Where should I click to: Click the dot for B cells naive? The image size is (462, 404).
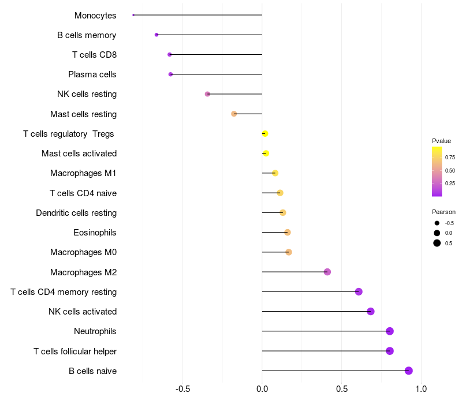409,371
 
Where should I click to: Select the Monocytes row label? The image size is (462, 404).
95,16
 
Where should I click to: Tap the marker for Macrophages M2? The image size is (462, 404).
327,272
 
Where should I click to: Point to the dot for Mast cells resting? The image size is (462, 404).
234,114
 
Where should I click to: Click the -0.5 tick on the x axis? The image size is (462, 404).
182,388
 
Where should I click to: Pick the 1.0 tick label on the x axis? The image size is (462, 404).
421,388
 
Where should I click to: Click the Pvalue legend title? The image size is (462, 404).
441,141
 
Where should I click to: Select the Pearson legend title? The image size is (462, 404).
444,212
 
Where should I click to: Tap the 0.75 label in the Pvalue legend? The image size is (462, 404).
450,157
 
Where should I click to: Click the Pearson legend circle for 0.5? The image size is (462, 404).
437,243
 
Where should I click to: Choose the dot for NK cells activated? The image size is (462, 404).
371,312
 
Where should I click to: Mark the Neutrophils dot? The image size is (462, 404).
390,331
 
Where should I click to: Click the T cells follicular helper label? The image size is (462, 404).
75,351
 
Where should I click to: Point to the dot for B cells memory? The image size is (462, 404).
157,35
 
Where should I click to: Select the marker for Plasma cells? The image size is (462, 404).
170,74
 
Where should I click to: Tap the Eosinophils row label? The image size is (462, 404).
95,233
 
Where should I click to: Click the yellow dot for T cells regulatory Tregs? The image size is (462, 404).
264,133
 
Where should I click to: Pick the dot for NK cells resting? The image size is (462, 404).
207,94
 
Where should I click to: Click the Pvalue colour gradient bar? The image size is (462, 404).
437,171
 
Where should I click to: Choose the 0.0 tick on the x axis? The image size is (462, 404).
262,388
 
